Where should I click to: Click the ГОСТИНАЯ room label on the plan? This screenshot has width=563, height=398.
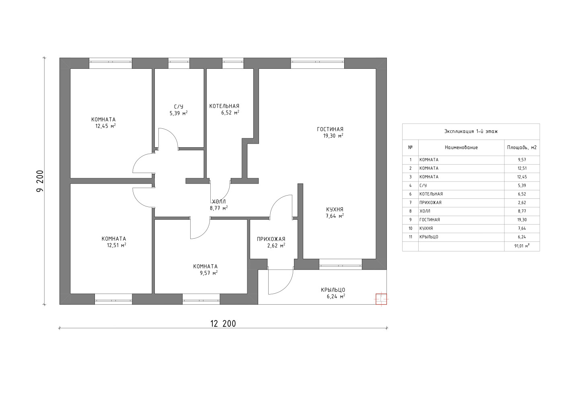point(330,129)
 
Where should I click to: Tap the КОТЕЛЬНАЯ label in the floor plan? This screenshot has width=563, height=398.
point(224,106)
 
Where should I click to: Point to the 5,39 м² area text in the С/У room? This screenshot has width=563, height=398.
point(179,113)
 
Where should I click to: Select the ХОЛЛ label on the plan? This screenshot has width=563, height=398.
point(219,202)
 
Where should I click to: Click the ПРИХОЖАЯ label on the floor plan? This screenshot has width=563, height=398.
point(271,239)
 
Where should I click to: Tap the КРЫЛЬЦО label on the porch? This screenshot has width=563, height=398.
point(333,290)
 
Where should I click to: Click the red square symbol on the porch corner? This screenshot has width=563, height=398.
point(381,299)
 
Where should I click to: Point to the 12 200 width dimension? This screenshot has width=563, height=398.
point(223,324)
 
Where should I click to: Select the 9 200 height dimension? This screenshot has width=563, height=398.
point(40,181)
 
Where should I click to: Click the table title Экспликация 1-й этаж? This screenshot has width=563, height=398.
point(471,131)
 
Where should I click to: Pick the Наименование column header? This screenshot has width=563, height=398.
point(461,147)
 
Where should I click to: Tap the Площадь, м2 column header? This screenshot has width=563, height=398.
point(522,147)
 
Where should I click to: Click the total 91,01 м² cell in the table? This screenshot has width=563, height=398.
point(522,246)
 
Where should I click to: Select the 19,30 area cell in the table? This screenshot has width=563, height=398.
point(522,220)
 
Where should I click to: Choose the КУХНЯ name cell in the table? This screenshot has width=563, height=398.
point(426,228)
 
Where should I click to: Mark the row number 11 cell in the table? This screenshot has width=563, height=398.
point(411,237)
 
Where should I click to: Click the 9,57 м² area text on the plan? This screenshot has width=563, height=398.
point(209,273)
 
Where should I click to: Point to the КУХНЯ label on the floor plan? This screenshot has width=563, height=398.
point(335,209)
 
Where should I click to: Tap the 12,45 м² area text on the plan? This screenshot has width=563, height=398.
point(105,126)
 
